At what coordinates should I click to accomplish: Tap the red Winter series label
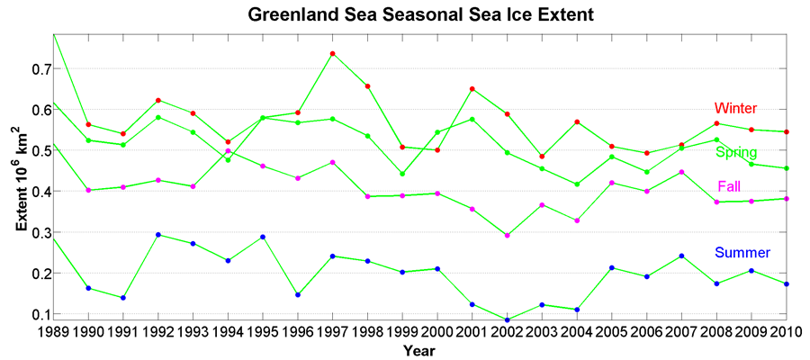[735, 108]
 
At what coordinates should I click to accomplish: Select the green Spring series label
[736, 152]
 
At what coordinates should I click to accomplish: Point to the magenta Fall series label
[730, 187]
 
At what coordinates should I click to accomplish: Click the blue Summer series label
[742, 253]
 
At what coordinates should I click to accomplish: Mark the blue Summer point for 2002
[508, 319]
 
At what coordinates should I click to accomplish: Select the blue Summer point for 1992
[158, 235]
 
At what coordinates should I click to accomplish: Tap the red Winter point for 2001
[472, 89]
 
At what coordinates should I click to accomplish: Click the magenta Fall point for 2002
[508, 236]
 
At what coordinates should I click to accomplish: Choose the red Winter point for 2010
[787, 132]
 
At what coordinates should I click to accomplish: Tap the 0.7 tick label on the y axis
[38, 69]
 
